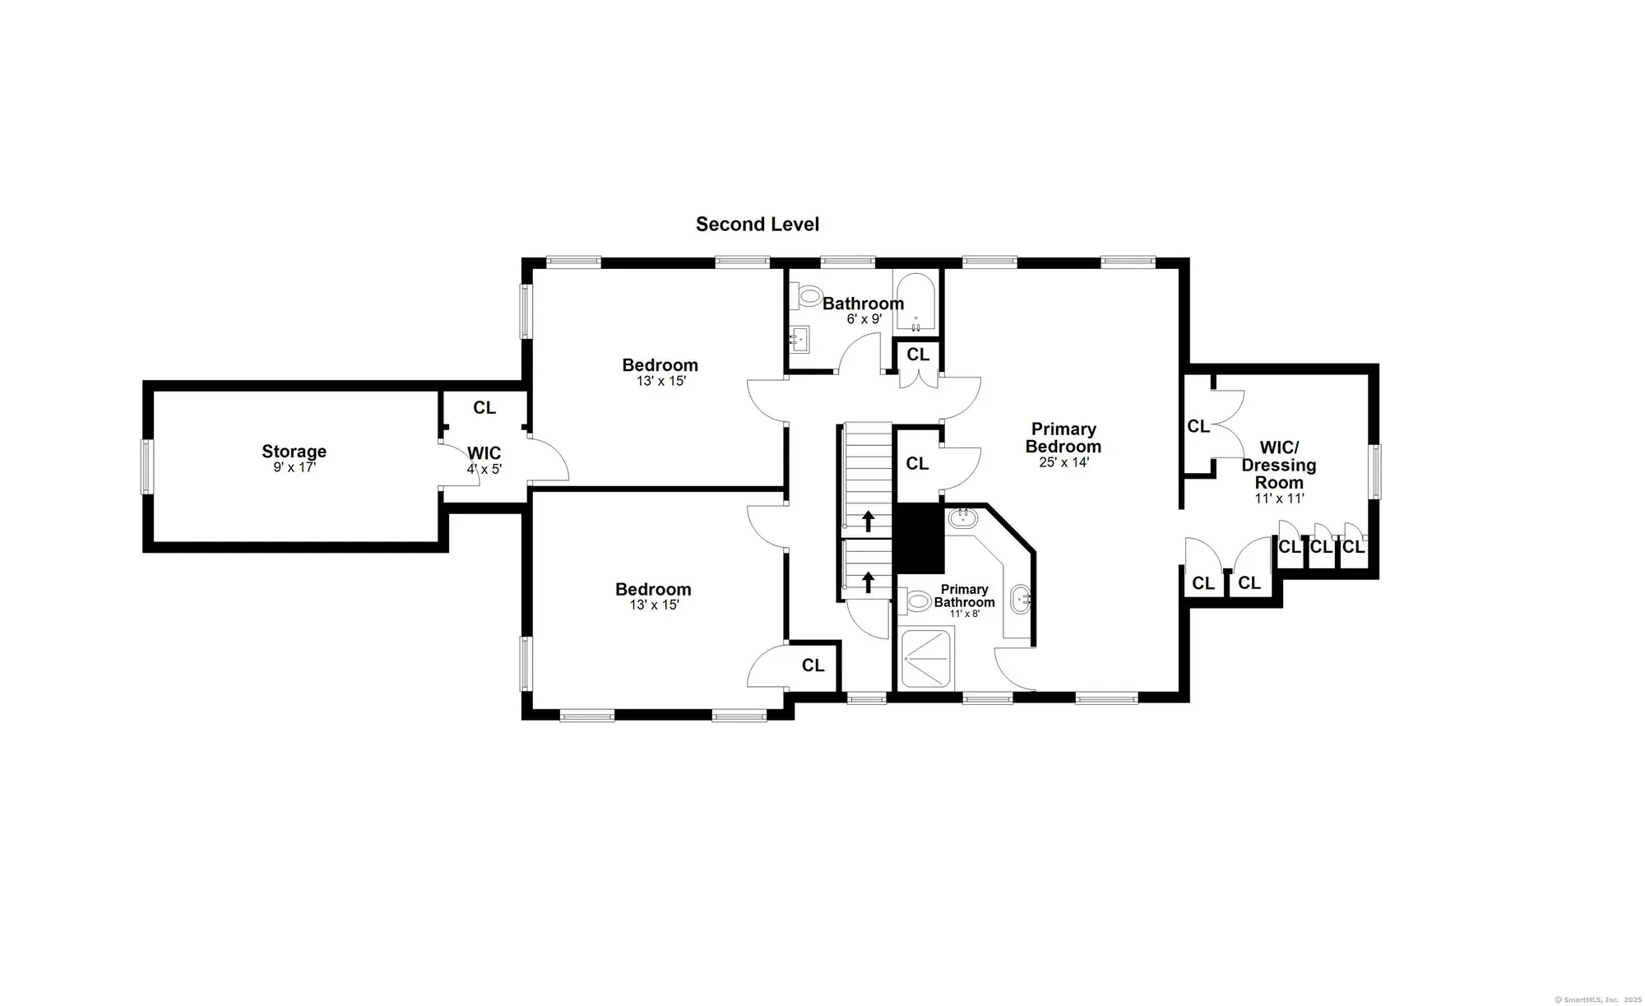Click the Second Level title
(758, 225)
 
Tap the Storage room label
(294, 452)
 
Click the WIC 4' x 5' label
(484, 461)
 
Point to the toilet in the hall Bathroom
(807, 294)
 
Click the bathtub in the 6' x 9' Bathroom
(915, 303)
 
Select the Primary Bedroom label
(1063, 438)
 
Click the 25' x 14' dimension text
(1064, 463)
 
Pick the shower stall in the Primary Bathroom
(928, 657)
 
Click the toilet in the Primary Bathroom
(916, 601)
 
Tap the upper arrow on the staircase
(868, 522)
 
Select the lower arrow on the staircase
(868, 582)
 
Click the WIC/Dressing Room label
(1279, 466)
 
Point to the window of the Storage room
(146, 466)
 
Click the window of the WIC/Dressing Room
(1374, 471)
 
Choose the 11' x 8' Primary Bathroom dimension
(965, 614)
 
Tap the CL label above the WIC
(484, 408)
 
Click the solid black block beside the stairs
(920, 539)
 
